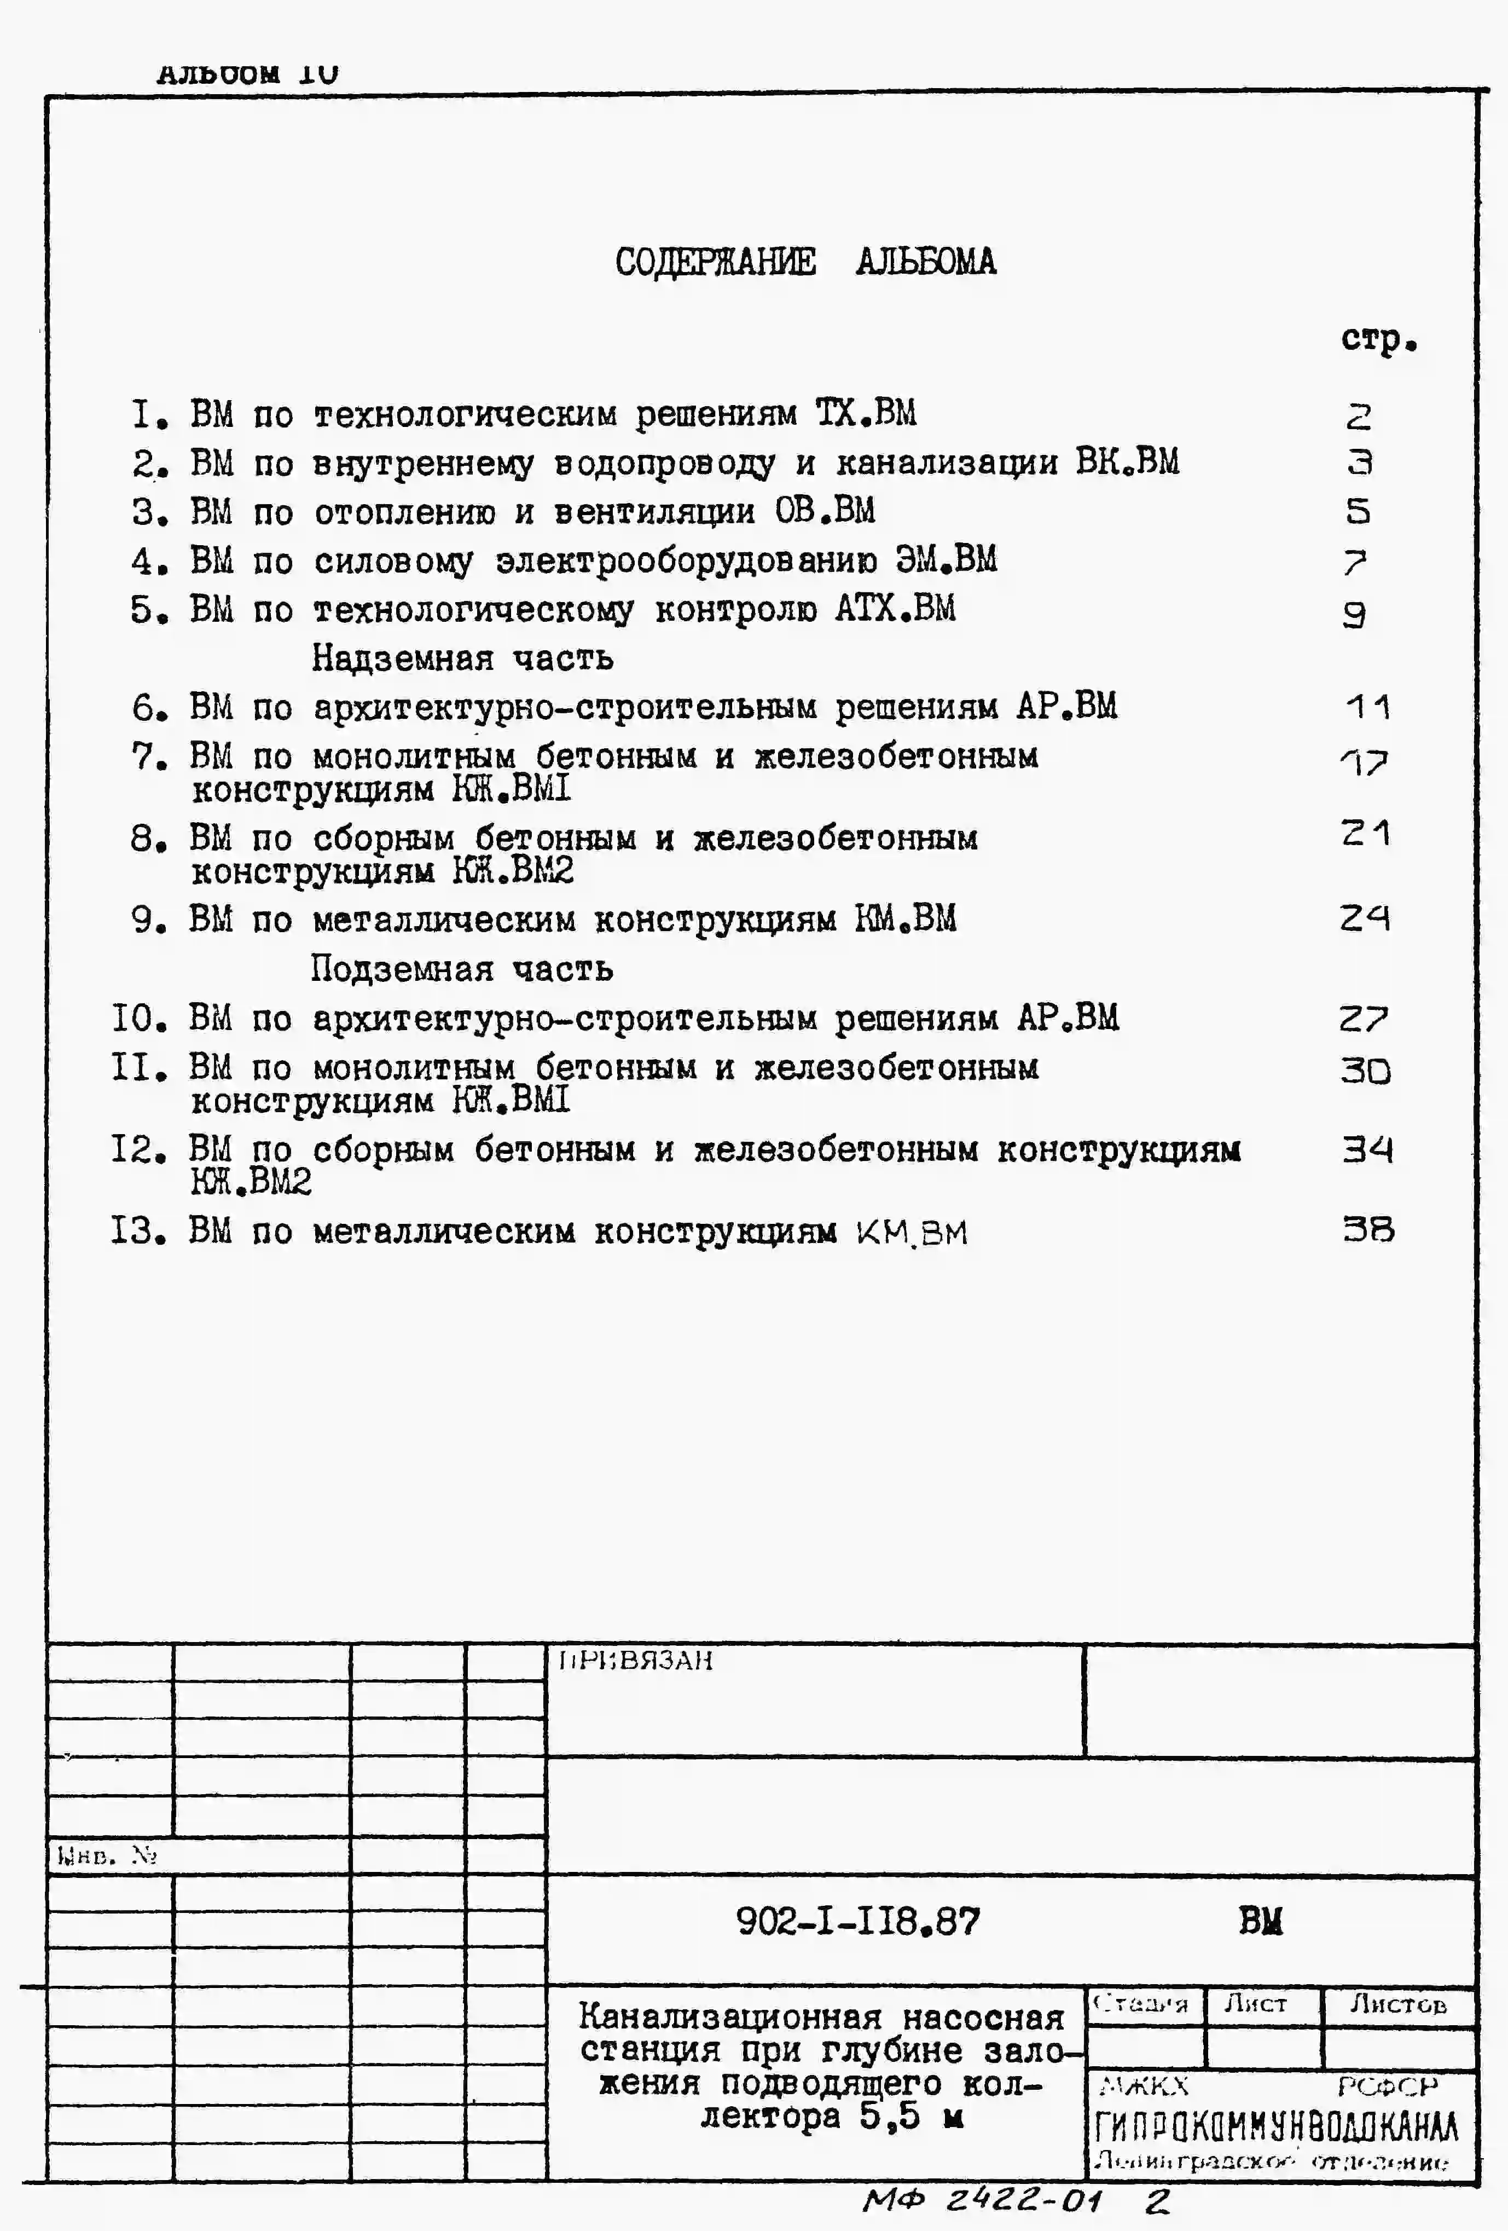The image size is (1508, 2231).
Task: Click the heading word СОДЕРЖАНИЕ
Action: [x=715, y=262]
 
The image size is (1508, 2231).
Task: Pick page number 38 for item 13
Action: [x=1368, y=1230]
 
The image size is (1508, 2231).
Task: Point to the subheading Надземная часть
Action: [x=462, y=658]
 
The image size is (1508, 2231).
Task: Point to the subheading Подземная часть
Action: [x=461, y=969]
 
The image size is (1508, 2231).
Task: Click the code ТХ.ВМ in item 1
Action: [x=866, y=414]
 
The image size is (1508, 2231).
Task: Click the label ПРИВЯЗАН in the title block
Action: [x=635, y=1661]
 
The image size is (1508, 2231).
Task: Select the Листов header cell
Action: [x=1397, y=2003]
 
